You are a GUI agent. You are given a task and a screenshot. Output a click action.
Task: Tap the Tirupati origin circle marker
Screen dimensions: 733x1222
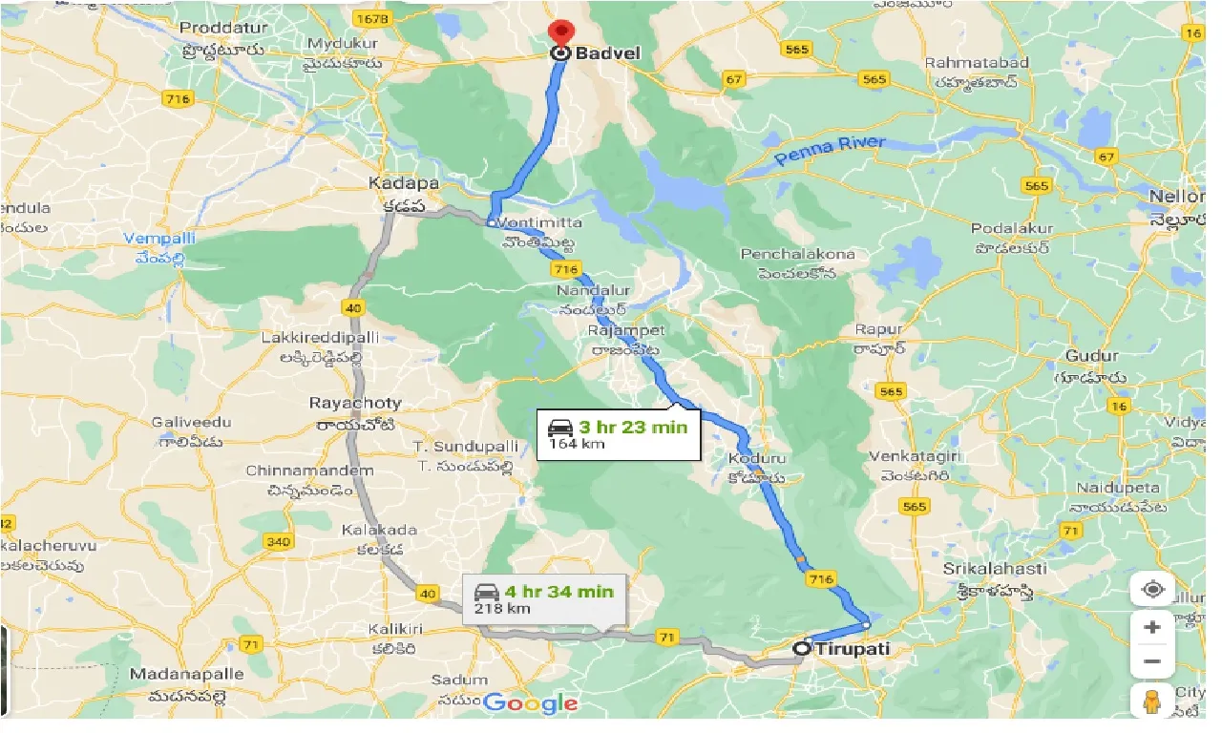coord(801,648)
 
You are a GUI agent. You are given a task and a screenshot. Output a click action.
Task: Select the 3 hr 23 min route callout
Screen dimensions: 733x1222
coord(618,434)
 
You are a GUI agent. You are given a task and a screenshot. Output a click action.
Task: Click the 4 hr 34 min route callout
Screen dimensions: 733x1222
coord(544,599)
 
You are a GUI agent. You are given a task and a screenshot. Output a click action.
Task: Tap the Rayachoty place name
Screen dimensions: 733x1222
coord(355,404)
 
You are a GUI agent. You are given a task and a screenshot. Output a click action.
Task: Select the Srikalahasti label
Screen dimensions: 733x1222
coord(994,568)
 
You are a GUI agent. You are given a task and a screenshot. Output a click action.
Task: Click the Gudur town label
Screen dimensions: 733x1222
coord(1091,356)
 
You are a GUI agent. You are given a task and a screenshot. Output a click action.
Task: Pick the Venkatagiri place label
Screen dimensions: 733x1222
coord(909,457)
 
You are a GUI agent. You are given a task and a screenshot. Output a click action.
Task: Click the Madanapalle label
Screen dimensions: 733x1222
coord(187,674)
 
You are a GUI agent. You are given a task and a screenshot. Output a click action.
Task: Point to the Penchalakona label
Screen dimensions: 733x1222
coord(798,254)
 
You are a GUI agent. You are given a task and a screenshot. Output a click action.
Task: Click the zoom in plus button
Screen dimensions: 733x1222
coord(1152,627)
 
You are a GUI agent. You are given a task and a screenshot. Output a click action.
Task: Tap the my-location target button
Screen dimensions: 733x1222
coord(1152,589)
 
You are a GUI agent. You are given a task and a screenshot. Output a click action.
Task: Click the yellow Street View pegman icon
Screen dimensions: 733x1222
coord(1152,700)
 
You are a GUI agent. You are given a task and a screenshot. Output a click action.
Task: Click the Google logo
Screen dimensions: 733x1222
coord(531,704)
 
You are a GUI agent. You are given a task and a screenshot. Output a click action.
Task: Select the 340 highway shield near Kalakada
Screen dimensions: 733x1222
coord(278,542)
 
